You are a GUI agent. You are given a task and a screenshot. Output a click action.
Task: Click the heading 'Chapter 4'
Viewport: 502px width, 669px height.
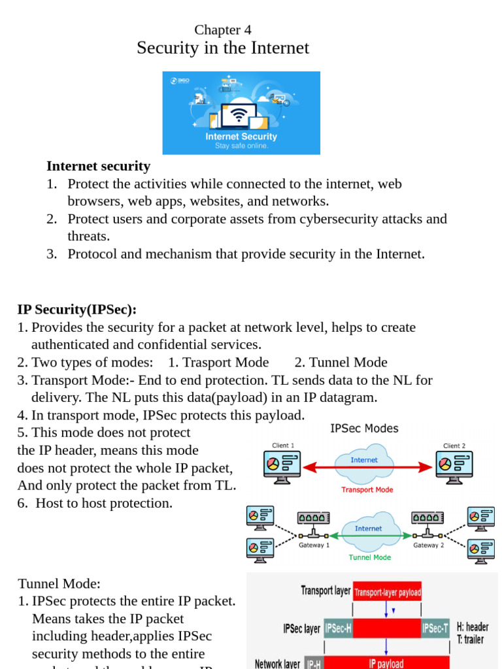222,30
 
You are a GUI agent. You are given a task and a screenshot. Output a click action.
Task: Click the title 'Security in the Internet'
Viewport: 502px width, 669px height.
222,48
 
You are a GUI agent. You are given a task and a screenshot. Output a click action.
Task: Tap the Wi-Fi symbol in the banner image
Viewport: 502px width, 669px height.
239,116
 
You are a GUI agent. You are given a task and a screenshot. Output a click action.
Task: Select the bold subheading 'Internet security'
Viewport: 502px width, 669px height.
98,166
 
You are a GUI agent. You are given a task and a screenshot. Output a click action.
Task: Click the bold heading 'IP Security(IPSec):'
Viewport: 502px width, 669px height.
77,309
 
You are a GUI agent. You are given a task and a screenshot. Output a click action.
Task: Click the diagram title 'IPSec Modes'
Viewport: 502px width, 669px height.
364,429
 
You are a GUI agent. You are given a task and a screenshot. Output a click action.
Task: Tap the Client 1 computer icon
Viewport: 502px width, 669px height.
282,466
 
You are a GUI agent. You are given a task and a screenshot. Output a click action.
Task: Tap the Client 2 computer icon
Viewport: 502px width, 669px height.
454,466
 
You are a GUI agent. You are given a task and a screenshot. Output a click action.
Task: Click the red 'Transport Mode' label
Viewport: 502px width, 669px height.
367,489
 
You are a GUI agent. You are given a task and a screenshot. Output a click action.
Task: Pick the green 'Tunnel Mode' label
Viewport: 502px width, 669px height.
369,557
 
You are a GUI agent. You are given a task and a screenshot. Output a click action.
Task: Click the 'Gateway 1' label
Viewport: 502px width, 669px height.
314,545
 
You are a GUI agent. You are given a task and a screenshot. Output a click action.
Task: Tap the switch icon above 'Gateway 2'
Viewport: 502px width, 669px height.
428,517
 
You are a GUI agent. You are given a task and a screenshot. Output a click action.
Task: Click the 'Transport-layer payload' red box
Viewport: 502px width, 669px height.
387,593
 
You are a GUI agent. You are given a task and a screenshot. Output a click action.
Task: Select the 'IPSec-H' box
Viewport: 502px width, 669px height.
338,628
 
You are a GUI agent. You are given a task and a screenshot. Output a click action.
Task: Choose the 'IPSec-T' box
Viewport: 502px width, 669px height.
435,628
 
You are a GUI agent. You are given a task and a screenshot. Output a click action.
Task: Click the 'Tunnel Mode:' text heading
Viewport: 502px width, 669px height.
59,583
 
